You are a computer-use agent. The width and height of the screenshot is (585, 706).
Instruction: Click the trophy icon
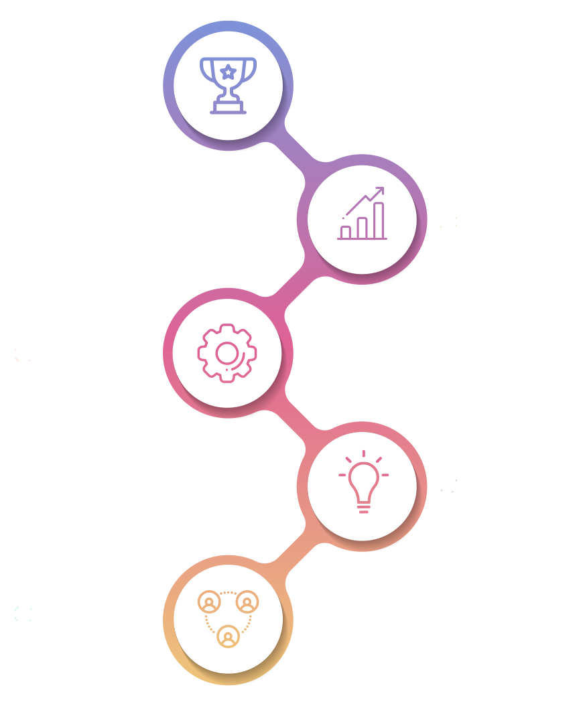228,85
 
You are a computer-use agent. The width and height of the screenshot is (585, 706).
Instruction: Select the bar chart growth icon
363,214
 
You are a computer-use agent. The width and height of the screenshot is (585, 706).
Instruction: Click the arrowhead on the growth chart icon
380,190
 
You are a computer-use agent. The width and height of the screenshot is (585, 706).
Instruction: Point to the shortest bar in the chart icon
346,232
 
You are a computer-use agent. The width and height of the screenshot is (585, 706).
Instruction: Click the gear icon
227,352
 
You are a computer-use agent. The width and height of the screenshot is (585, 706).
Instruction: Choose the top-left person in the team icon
209,602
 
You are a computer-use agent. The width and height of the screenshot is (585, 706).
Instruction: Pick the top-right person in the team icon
247,602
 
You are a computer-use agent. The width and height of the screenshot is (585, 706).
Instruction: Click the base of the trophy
228,107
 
